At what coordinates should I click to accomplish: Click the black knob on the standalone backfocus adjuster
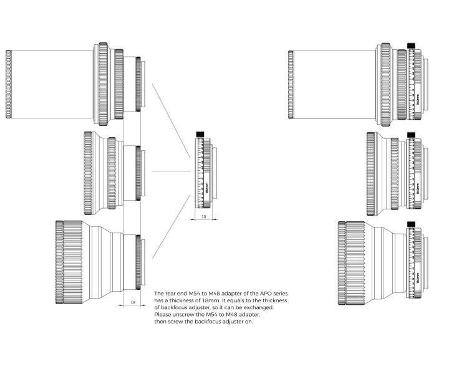point(201,134)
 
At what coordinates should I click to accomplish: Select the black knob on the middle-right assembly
point(410,134)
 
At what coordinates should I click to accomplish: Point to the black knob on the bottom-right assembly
point(410,224)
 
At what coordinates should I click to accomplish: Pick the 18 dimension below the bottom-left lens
point(132,302)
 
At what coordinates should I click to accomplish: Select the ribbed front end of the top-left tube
point(8,84)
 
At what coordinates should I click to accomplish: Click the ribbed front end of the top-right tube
point(291,84)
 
